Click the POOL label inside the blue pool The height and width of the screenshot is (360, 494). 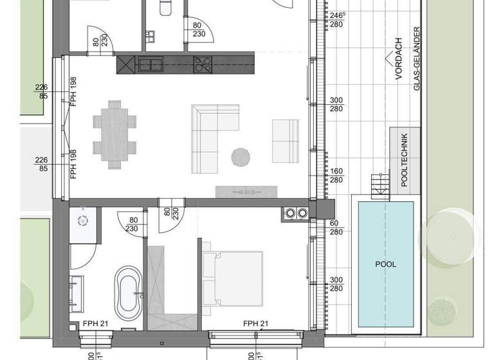click(386, 264)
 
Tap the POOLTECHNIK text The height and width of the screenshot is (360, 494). click(404, 160)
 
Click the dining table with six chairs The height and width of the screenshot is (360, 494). click(114, 134)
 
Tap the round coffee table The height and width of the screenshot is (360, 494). click(241, 157)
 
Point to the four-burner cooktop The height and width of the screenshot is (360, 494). click(203, 63)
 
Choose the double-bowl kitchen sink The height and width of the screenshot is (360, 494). click(150, 64)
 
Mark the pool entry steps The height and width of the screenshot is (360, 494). click(380, 186)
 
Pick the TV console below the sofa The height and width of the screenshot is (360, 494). click(246, 191)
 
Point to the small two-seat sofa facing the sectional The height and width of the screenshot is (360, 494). click(285, 141)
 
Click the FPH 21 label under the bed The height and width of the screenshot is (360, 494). click(255, 323)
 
